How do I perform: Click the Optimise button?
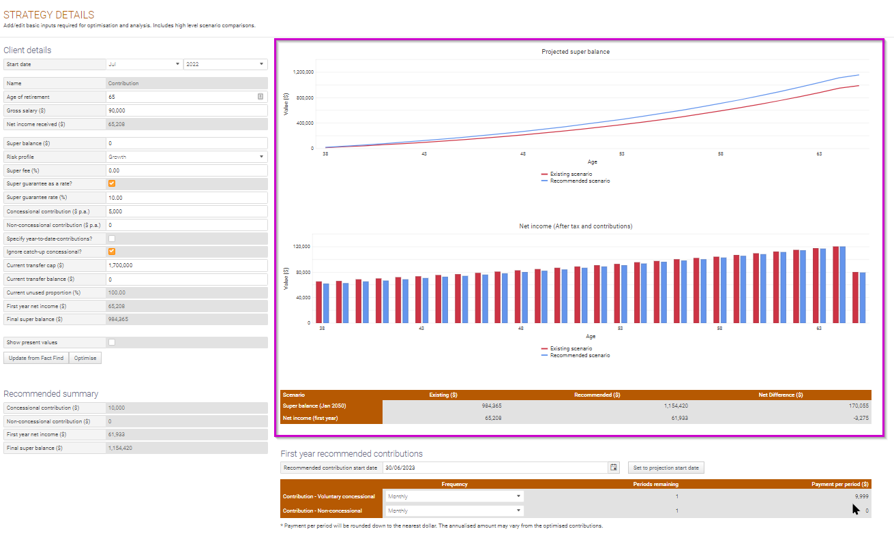pos(85,358)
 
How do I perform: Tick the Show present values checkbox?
pos(112,342)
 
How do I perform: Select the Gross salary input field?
pos(186,110)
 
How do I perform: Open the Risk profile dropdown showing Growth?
pos(186,157)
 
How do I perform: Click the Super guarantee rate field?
pos(186,198)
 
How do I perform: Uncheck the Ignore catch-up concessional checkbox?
pos(112,252)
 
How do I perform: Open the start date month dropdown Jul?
pos(144,64)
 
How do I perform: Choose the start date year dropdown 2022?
pos(225,64)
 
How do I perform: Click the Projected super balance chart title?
pos(576,52)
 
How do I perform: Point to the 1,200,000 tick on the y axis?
pos(303,72)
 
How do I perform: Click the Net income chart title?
pos(576,226)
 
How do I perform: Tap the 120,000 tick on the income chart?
pos(301,246)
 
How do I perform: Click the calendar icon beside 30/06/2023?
pos(614,468)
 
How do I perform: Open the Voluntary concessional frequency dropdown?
pos(454,497)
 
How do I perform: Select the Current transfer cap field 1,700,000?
pos(186,265)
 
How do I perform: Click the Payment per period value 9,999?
pos(861,497)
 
